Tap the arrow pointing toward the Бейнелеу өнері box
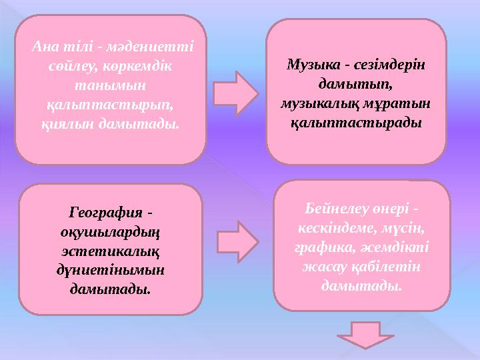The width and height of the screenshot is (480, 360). [x=239, y=237]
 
